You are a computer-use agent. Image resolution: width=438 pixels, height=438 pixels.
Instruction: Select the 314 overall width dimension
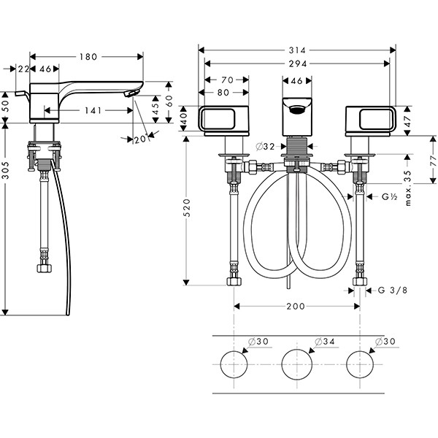pos(296,50)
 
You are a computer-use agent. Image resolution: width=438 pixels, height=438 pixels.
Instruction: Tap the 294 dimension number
pos(296,64)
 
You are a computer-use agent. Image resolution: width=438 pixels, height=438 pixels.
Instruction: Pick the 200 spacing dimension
pos(295,307)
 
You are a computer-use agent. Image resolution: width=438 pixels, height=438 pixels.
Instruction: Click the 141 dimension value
pos(92,112)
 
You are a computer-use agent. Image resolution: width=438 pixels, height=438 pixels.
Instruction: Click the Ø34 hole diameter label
pos(324,342)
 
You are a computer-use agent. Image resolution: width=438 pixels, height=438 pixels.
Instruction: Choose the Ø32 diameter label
pos(266,146)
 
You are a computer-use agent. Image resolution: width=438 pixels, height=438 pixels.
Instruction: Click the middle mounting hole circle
pos(296,363)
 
